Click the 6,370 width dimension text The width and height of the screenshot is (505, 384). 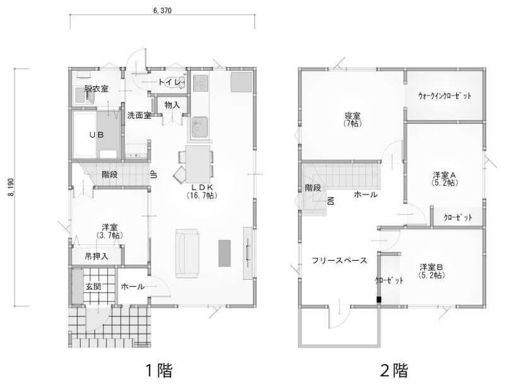(162, 11)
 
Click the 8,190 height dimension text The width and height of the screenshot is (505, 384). (11, 188)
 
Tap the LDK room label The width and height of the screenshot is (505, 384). (202, 187)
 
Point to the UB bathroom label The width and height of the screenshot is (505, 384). (97, 135)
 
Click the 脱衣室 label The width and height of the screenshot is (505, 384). (97, 88)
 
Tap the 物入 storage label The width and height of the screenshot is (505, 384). (172, 105)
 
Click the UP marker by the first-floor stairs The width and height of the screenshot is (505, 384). (153, 174)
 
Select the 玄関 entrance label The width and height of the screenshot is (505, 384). (93, 286)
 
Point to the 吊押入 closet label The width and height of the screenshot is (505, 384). (97, 256)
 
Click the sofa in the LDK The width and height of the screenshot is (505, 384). (187, 253)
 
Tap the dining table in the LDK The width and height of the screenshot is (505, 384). (198, 164)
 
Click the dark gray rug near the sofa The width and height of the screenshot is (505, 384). (225, 253)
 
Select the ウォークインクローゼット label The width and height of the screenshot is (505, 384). (445, 95)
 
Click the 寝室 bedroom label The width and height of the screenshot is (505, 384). (353, 115)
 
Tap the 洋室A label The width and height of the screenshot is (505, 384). (444, 176)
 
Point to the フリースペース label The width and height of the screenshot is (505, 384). (340, 260)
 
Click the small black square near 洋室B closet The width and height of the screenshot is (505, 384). (379, 299)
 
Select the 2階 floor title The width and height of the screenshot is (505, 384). (394, 371)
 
